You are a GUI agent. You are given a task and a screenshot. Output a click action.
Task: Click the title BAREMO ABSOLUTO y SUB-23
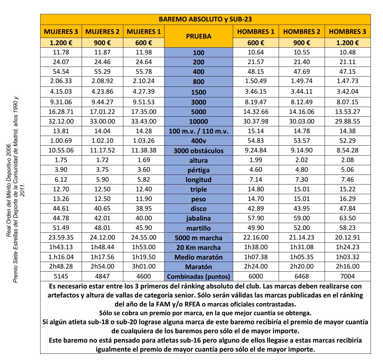(x=205, y=19)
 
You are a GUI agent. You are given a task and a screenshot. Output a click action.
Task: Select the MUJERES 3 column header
(x=61, y=32)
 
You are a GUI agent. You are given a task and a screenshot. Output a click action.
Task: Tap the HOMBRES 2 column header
(x=301, y=32)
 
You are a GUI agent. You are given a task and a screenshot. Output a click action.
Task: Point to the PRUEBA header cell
(x=199, y=36)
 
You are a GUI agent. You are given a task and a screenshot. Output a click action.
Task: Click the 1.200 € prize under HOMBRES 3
(x=348, y=43)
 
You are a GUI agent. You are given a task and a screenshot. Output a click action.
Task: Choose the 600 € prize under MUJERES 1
(x=144, y=43)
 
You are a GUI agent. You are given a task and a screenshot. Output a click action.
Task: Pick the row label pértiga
(x=199, y=170)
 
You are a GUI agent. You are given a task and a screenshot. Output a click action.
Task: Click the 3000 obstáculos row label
(x=199, y=151)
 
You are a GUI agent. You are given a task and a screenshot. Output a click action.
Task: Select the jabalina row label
(x=199, y=218)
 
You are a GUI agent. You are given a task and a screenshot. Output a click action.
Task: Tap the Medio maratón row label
(x=199, y=257)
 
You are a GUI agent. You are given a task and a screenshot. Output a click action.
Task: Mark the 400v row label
(x=199, y=141)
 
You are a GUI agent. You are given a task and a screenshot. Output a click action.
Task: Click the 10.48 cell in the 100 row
(x=348, y=52)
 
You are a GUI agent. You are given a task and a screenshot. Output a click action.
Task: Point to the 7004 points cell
(x=348, y=276)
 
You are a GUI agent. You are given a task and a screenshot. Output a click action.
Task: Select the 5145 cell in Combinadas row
(x=61, y=276)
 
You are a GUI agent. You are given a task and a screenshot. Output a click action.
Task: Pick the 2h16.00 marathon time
(x=348, y=266)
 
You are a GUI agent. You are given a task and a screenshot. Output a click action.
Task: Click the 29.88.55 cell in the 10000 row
(x=348, y=121)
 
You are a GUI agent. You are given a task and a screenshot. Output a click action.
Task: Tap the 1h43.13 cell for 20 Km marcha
(x=61, y=247)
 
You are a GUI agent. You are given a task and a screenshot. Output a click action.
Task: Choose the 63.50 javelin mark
(x=348, y=218)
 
